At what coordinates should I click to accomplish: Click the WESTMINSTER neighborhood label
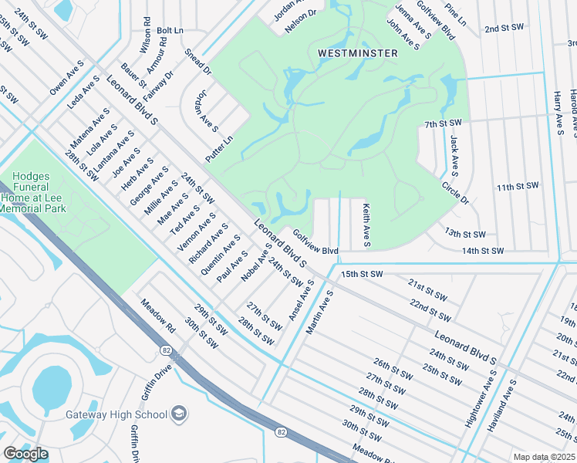click(x=358, y=53)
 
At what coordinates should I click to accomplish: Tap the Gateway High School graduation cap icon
click(x=179, y=414)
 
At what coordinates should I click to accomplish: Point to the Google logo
click(x=25, y=454)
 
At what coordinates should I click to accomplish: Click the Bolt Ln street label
click(x=170, y=30)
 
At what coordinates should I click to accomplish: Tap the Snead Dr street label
click(x=198, y=62)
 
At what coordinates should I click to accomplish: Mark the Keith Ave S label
click(x=366, y=225)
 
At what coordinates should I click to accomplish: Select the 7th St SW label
click(x=443, y=123)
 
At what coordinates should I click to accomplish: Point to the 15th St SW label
click(x=362, y=274)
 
